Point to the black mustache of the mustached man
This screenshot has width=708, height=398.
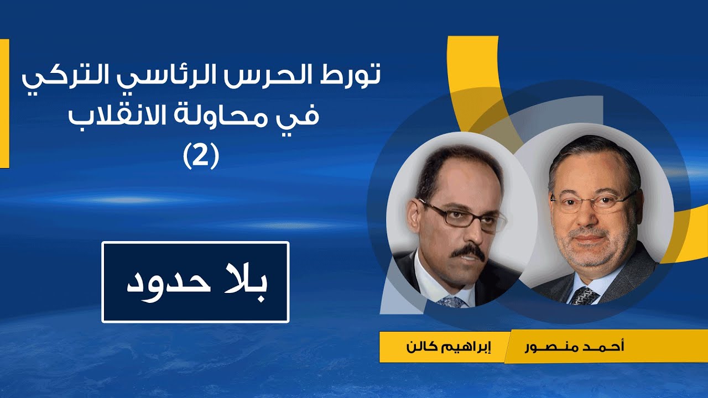coord(468,253)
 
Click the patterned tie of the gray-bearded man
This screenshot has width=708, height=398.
coord(583,296)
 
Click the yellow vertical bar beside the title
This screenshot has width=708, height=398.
coord(4,103)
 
